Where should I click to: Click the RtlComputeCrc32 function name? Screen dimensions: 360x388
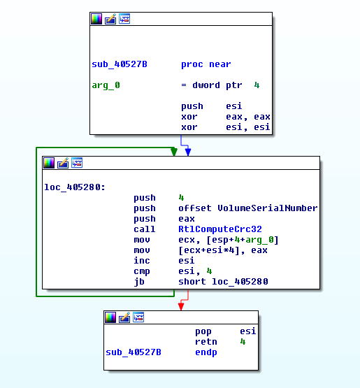[220, 229]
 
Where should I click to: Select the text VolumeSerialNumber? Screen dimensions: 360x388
[268, 208]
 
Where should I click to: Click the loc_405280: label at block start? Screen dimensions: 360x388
[75, 187]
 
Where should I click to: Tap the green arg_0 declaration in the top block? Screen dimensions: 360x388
[106, 85]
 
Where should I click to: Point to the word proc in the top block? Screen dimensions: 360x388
[192, 64]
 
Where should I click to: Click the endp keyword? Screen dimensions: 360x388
[206, 352]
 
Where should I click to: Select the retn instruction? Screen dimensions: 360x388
[206, 342]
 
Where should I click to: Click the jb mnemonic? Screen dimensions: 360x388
[139, 282]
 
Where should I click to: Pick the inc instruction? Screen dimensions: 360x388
[141, 261]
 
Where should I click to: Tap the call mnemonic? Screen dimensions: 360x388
[144, 229]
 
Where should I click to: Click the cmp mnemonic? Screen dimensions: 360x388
[141, 271]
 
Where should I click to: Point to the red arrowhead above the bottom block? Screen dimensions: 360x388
[181, 307]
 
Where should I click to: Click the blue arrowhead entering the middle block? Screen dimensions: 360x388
[188, 152]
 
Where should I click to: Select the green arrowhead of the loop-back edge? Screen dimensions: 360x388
[174, 152]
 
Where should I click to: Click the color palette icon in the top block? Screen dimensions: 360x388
[96, 19]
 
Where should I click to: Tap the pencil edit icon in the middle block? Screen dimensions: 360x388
[63, 163]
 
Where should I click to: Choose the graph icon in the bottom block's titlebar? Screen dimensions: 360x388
[138, 317]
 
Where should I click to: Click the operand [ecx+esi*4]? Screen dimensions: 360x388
[209, 250]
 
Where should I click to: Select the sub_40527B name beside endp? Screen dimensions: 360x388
[134, 352]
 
